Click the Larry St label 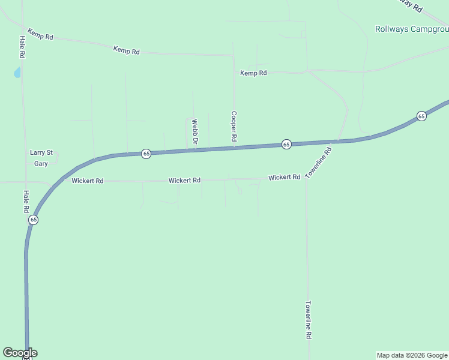tap(41, 152)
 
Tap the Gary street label tap(41, 163)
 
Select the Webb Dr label tap(194, 131)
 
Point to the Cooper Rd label tap(234, 126)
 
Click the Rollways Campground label tap(412, 29)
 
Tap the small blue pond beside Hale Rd tap(17, 73)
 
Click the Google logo tap(20, 353)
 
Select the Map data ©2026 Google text tap(412, 355)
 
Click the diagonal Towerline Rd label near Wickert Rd tap(318, 163)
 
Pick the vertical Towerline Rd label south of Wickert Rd tap(309, 320)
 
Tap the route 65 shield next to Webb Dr tap(146, 154)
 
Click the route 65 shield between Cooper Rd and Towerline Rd tap(286, 145)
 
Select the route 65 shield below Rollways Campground tap(421, 116)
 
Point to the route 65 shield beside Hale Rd tap(33, 220)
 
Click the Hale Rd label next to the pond tap(22, 47)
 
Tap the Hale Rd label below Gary tap(26, 202)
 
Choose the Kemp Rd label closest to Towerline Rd tap(253, 73)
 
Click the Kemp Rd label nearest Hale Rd tap(40, 34)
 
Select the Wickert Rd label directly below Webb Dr tap(184, 180)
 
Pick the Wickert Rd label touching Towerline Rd tap(284, 177)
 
